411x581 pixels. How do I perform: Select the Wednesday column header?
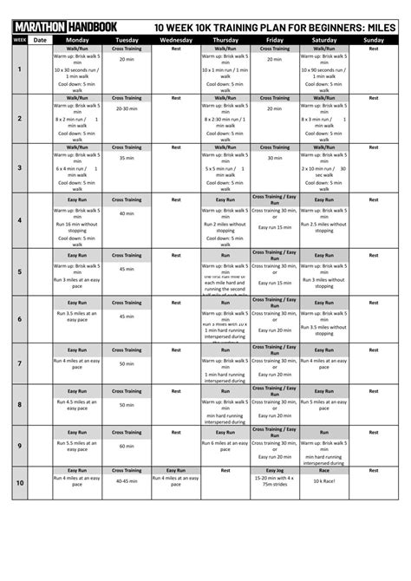click(176, 40)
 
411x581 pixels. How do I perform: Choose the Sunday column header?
click(374, 40)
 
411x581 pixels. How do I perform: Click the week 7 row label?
click(19, 362)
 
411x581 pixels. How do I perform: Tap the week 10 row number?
click(19, 483)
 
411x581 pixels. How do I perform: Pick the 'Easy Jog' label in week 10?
click(274, 470)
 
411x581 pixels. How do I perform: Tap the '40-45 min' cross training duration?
click(127, 480)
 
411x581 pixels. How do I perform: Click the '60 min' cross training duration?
click(127, 446)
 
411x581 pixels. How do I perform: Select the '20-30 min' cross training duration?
click(127, 108)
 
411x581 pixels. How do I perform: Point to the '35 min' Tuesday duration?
click(127, 158)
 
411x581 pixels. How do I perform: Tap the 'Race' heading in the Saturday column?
click(324, 470)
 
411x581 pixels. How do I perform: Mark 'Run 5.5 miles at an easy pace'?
click(77, 446)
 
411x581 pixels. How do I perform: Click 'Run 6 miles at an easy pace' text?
click(225, 446)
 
